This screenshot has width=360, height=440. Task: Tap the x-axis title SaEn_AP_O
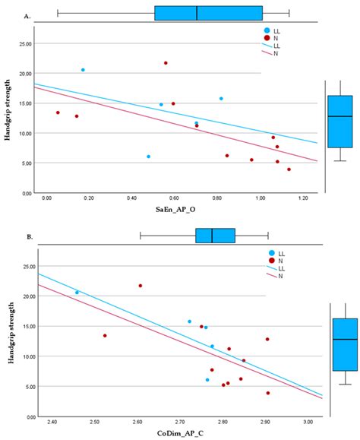click(x=175, y=210)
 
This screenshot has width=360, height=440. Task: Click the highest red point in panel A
click(x=166, y=63)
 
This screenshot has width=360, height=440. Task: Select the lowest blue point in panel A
click(x=149, y=157)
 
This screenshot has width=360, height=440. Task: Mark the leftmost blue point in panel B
click(x=77, y=293)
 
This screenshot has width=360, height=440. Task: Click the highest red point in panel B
click(x=141, y=286)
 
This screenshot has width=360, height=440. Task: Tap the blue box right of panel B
click(x=345, y=344)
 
